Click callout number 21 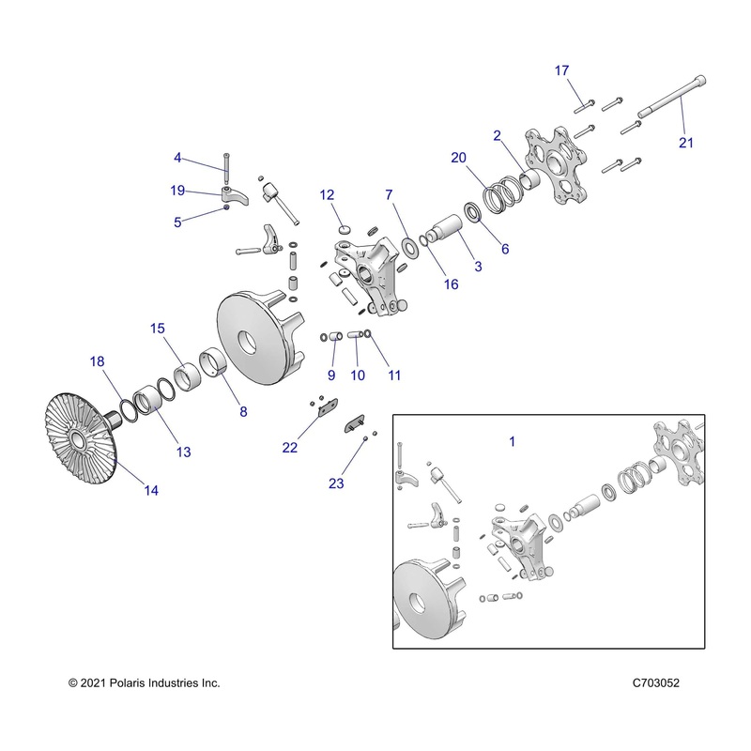point(686,142)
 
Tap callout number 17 point(561,70)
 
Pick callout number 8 point(243,410)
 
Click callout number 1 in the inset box point(513,439)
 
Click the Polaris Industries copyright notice point(145,683)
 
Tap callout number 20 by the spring point(458,159)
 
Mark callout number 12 point(327,195)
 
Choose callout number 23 point(336,483)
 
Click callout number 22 point(290,448)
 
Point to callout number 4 point(176,158)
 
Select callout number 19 point(178,190)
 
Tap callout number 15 point(157,328)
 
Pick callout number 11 point(394,375)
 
